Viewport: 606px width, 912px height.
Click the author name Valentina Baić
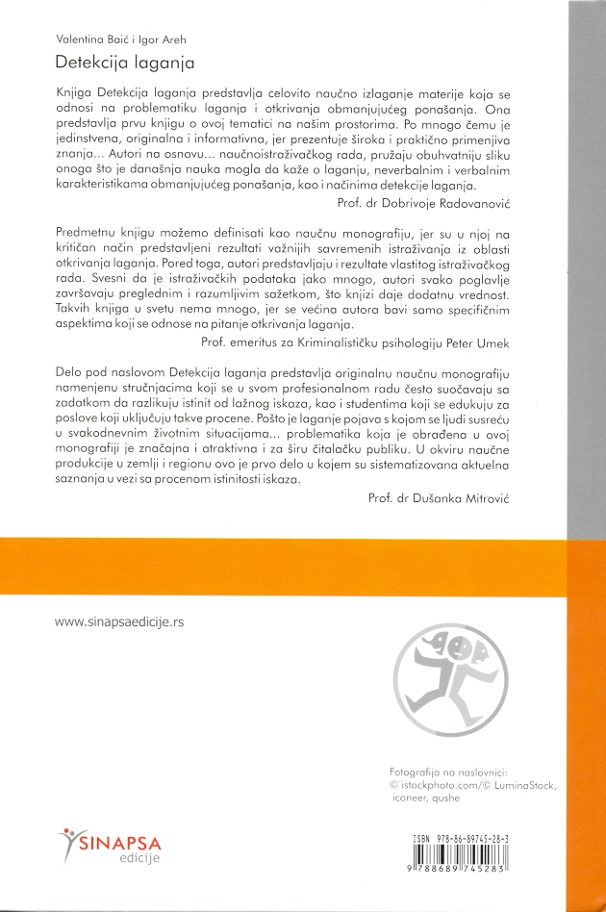90,40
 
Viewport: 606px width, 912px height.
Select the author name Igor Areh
162,40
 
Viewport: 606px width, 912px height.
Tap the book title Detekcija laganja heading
125,63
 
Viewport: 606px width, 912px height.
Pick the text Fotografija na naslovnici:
454,771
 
